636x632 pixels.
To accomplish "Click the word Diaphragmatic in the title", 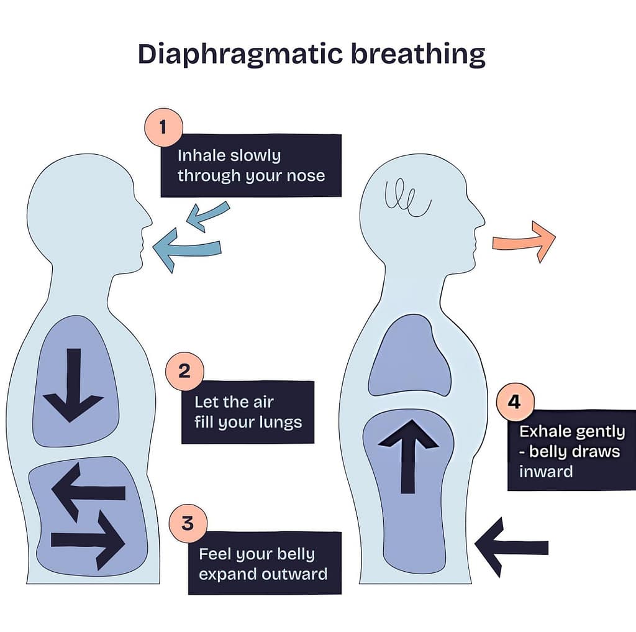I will click(238, 55).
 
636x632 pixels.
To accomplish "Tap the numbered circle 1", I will click(163, 127).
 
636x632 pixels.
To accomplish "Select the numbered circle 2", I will click(184, 372).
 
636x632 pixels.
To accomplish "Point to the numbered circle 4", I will click(514, 403).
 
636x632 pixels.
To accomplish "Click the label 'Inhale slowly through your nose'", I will click(251, 165).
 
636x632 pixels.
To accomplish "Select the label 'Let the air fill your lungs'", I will click(248, 412).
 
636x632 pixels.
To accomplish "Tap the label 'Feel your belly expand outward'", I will click(265, 563).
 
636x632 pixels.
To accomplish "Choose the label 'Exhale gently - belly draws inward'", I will click(572, 451).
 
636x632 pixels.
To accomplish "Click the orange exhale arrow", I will click(524, 241).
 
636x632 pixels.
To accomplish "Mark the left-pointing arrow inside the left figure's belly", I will click(88, 492).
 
